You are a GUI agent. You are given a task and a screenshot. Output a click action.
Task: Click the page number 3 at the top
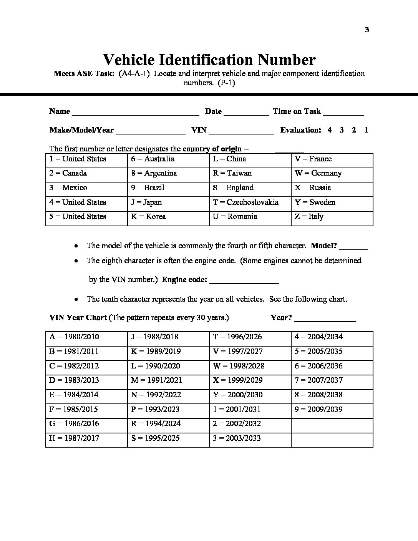(x=367, y=30)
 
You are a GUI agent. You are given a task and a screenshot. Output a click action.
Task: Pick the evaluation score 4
(x=330, y=130)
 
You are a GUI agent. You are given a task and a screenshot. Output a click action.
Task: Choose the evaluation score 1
(x=366, y=130)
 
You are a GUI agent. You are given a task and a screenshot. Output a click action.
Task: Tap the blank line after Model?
(x=354, y=248)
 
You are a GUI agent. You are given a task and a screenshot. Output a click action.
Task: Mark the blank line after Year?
(x=325, y=320)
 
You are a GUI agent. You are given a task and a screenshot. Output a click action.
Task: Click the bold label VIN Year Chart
(x=78, y=318)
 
